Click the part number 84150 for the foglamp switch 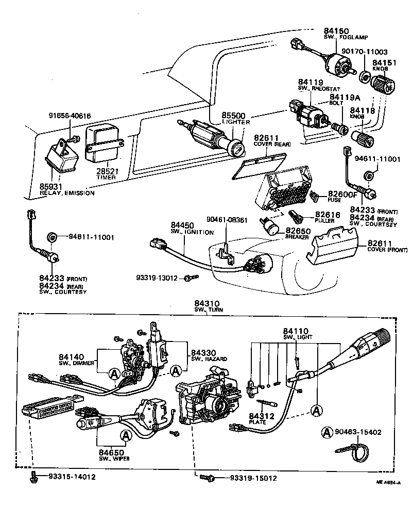tap(335, 30)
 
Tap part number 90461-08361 tap(227, 220)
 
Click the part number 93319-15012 tap(253, 478)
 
